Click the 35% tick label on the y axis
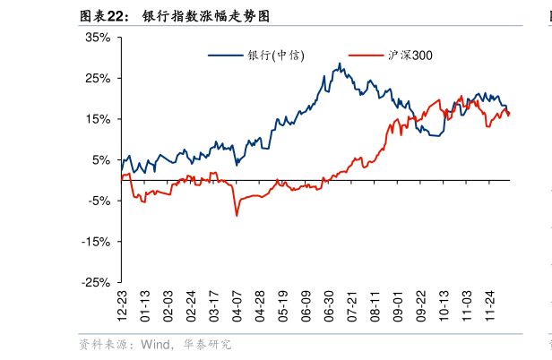tap(98, 38)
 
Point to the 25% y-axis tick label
tap(98, 79)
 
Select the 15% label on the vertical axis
tap(98, 119)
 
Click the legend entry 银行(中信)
tap(276, 56)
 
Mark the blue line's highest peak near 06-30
tap(340, 64)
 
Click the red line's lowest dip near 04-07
tap(237, 215)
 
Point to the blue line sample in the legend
tap(227, 56)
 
